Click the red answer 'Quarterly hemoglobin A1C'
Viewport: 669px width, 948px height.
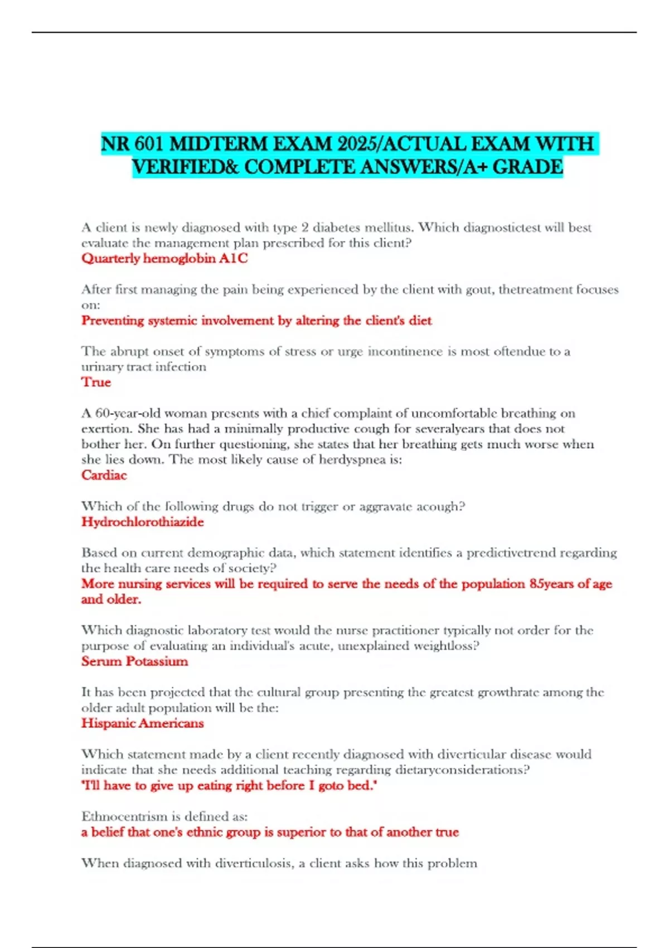164,258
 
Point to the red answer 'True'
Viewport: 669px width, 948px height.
96,382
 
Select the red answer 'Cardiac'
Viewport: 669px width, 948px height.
104,475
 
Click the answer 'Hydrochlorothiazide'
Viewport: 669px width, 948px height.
142,522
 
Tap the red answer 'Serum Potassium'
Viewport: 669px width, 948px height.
134,661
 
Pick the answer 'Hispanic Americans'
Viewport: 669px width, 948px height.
142,723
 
